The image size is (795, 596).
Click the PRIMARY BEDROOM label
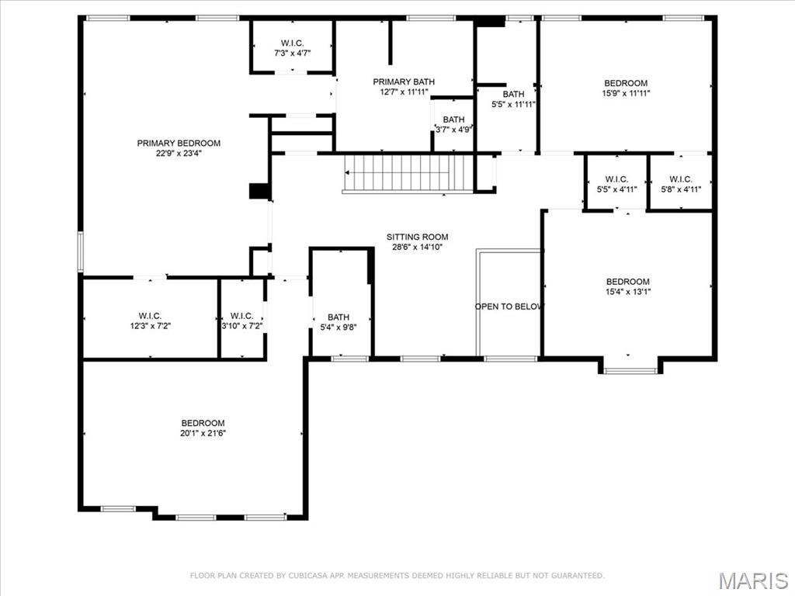pyautogui.click(x=179, y=143)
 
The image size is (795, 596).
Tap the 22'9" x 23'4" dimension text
pyautogui.click(x=179, y=154)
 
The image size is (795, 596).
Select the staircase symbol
pyautogui.click(x=408, y=173)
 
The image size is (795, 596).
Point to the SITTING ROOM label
pyautogui.click(x=418, y=237)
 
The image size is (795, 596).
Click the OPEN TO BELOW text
pyautogui.click(x=509, y=307)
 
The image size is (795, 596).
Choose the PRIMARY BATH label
pyautogui.click(x=404, y=81)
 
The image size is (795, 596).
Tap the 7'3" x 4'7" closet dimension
pyautogui.click(x=293, y=54)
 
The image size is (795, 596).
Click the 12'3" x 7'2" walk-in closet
pyautogui.click(x=150, y=321)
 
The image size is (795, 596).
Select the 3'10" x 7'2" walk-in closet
pyautogui.click(x=241, y=321)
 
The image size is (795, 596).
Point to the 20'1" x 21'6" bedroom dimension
pyautogui.click(x=203, y=434)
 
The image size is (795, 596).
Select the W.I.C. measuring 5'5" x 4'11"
pyautogui.click(x=616, y=184)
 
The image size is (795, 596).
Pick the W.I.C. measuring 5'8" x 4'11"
pyautogui.click(x=680, y=184)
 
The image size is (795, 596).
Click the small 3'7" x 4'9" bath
pyautogui.click(x=453, y=125)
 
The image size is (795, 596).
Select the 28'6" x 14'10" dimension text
pyautogui.click(x=418, y=248)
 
